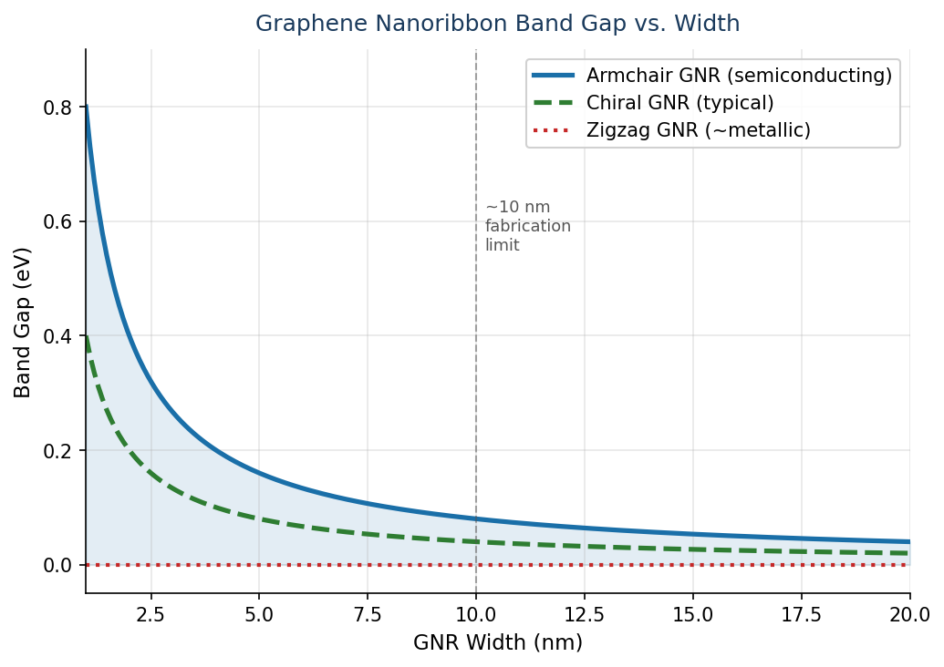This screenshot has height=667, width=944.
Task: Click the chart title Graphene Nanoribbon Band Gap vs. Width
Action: tap(497, 24)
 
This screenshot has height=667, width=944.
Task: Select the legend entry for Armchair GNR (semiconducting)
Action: tap(738, 76)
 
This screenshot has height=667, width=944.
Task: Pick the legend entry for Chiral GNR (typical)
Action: tap(679, 103)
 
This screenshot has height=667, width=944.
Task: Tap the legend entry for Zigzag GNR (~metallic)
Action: tap(698, 130)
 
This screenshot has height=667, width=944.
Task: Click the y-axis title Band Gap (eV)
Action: tap(23, 322)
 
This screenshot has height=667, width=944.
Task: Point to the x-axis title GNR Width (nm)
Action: tap(497, 642)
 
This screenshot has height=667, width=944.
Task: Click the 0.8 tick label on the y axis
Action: tap(57, 108)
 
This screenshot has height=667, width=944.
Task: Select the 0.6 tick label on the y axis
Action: tap(57, 221)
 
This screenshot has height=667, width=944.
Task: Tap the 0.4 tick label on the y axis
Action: tap(57, 336)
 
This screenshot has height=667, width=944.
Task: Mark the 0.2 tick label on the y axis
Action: tap(57, 451)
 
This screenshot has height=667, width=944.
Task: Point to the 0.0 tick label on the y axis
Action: tap(57, 565)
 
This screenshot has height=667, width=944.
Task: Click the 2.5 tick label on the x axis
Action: tap(150, 614)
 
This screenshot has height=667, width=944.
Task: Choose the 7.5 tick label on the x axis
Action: tap(368, 614)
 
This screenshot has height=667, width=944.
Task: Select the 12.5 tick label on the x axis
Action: tap(585, 614)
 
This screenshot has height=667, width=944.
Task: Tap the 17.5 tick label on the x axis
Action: tap(802, 614)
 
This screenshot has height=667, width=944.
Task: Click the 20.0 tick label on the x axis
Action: tap(909, 614)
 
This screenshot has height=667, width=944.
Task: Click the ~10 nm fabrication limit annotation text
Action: tap(527, 226)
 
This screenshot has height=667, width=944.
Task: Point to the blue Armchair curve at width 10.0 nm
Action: tap(476, 518)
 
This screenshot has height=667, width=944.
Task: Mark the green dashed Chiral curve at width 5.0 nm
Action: tap(259, 519)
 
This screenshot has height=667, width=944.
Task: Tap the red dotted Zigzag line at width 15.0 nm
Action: tap(693, 565)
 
